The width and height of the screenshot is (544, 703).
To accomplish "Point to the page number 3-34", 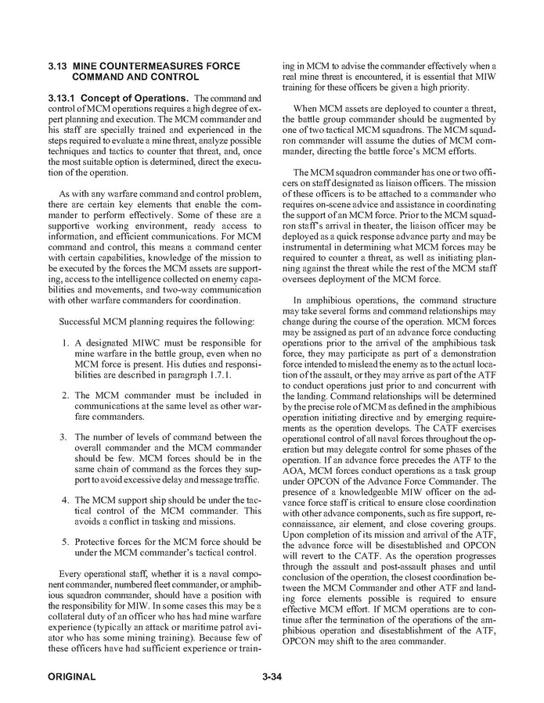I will pyautogui.click(x=272, y=676).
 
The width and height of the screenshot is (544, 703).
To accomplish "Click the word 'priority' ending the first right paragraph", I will pyautogui.click(x=449, y=88).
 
